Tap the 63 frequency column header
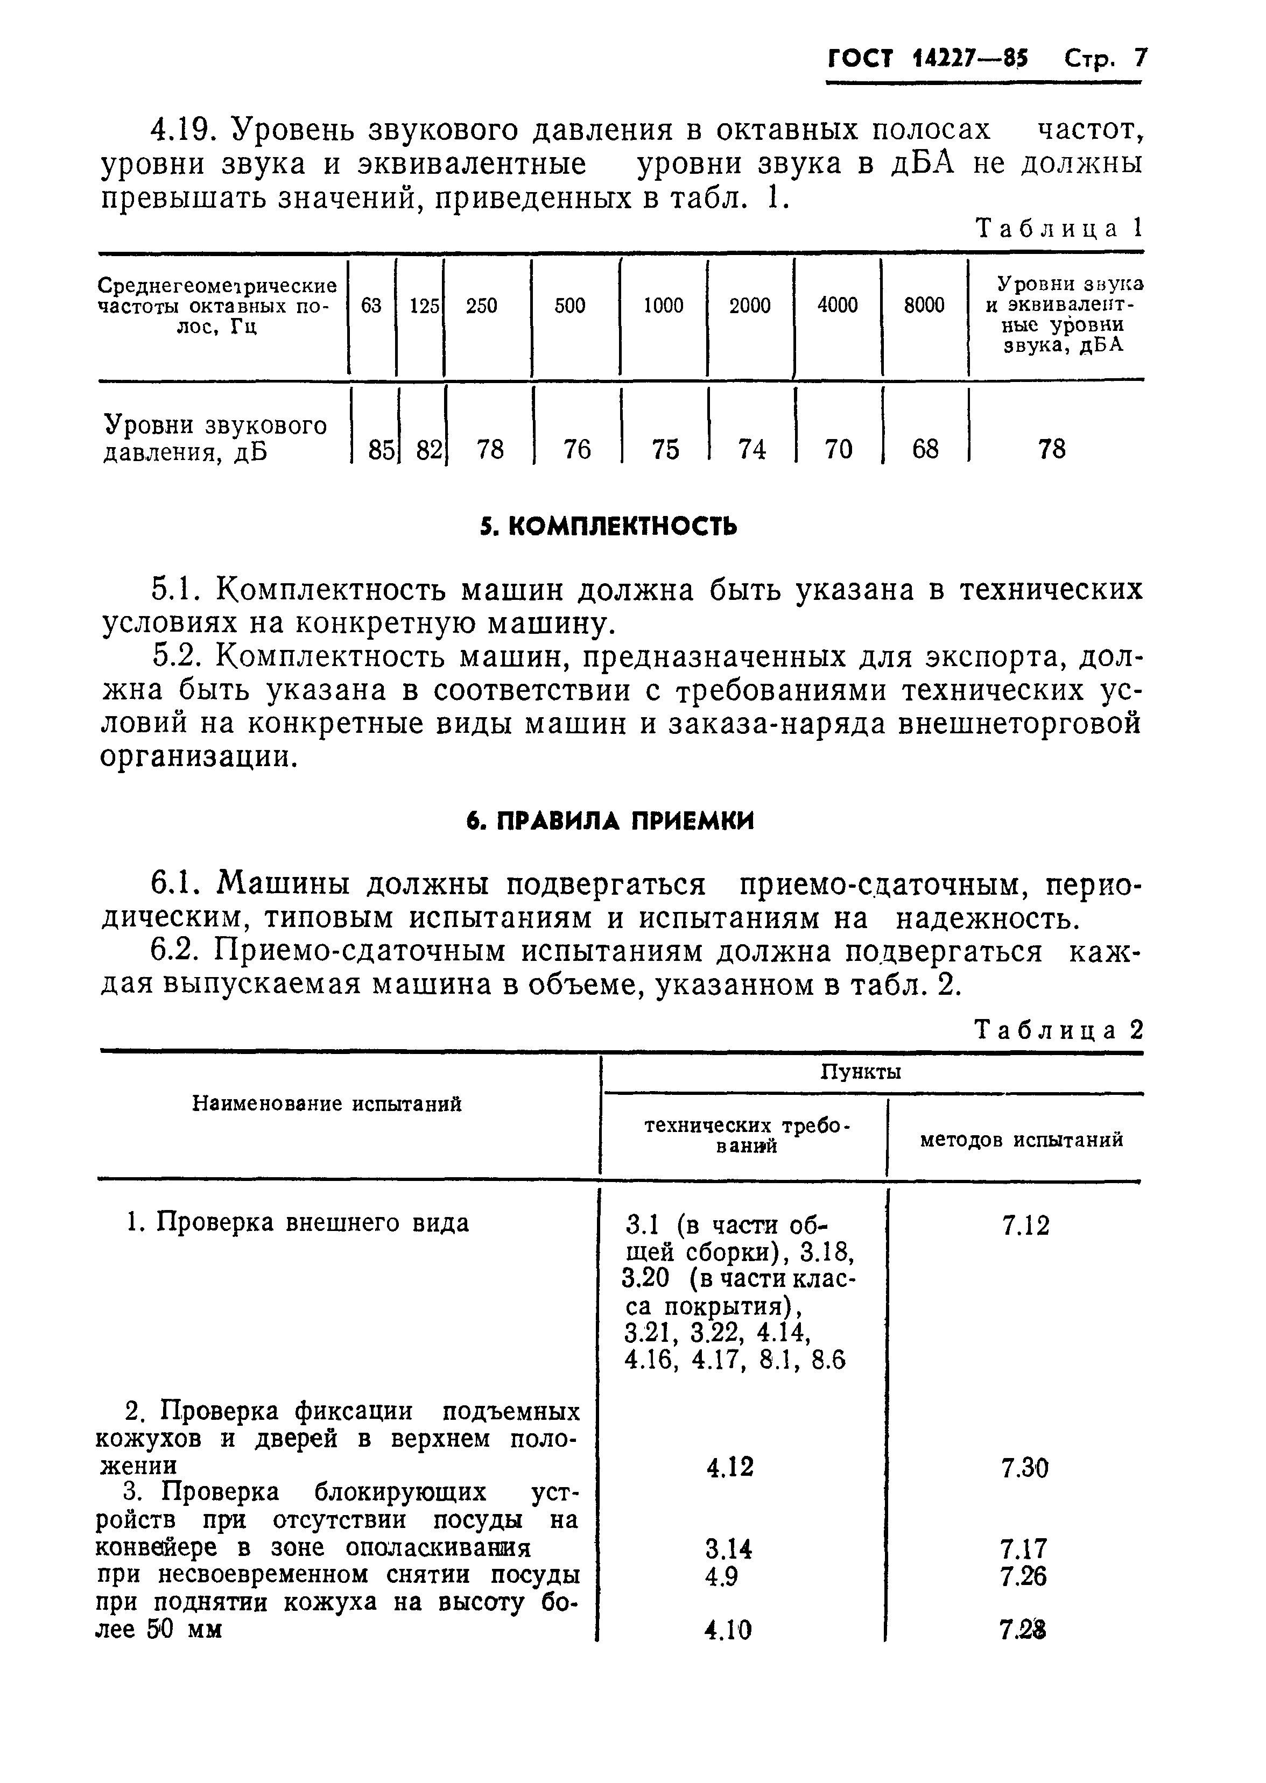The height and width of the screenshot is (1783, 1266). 372,306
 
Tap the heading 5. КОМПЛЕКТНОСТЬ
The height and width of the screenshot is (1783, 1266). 608,528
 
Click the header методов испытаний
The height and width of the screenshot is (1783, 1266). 1021,1140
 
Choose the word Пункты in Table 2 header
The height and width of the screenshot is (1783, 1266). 861,1072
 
